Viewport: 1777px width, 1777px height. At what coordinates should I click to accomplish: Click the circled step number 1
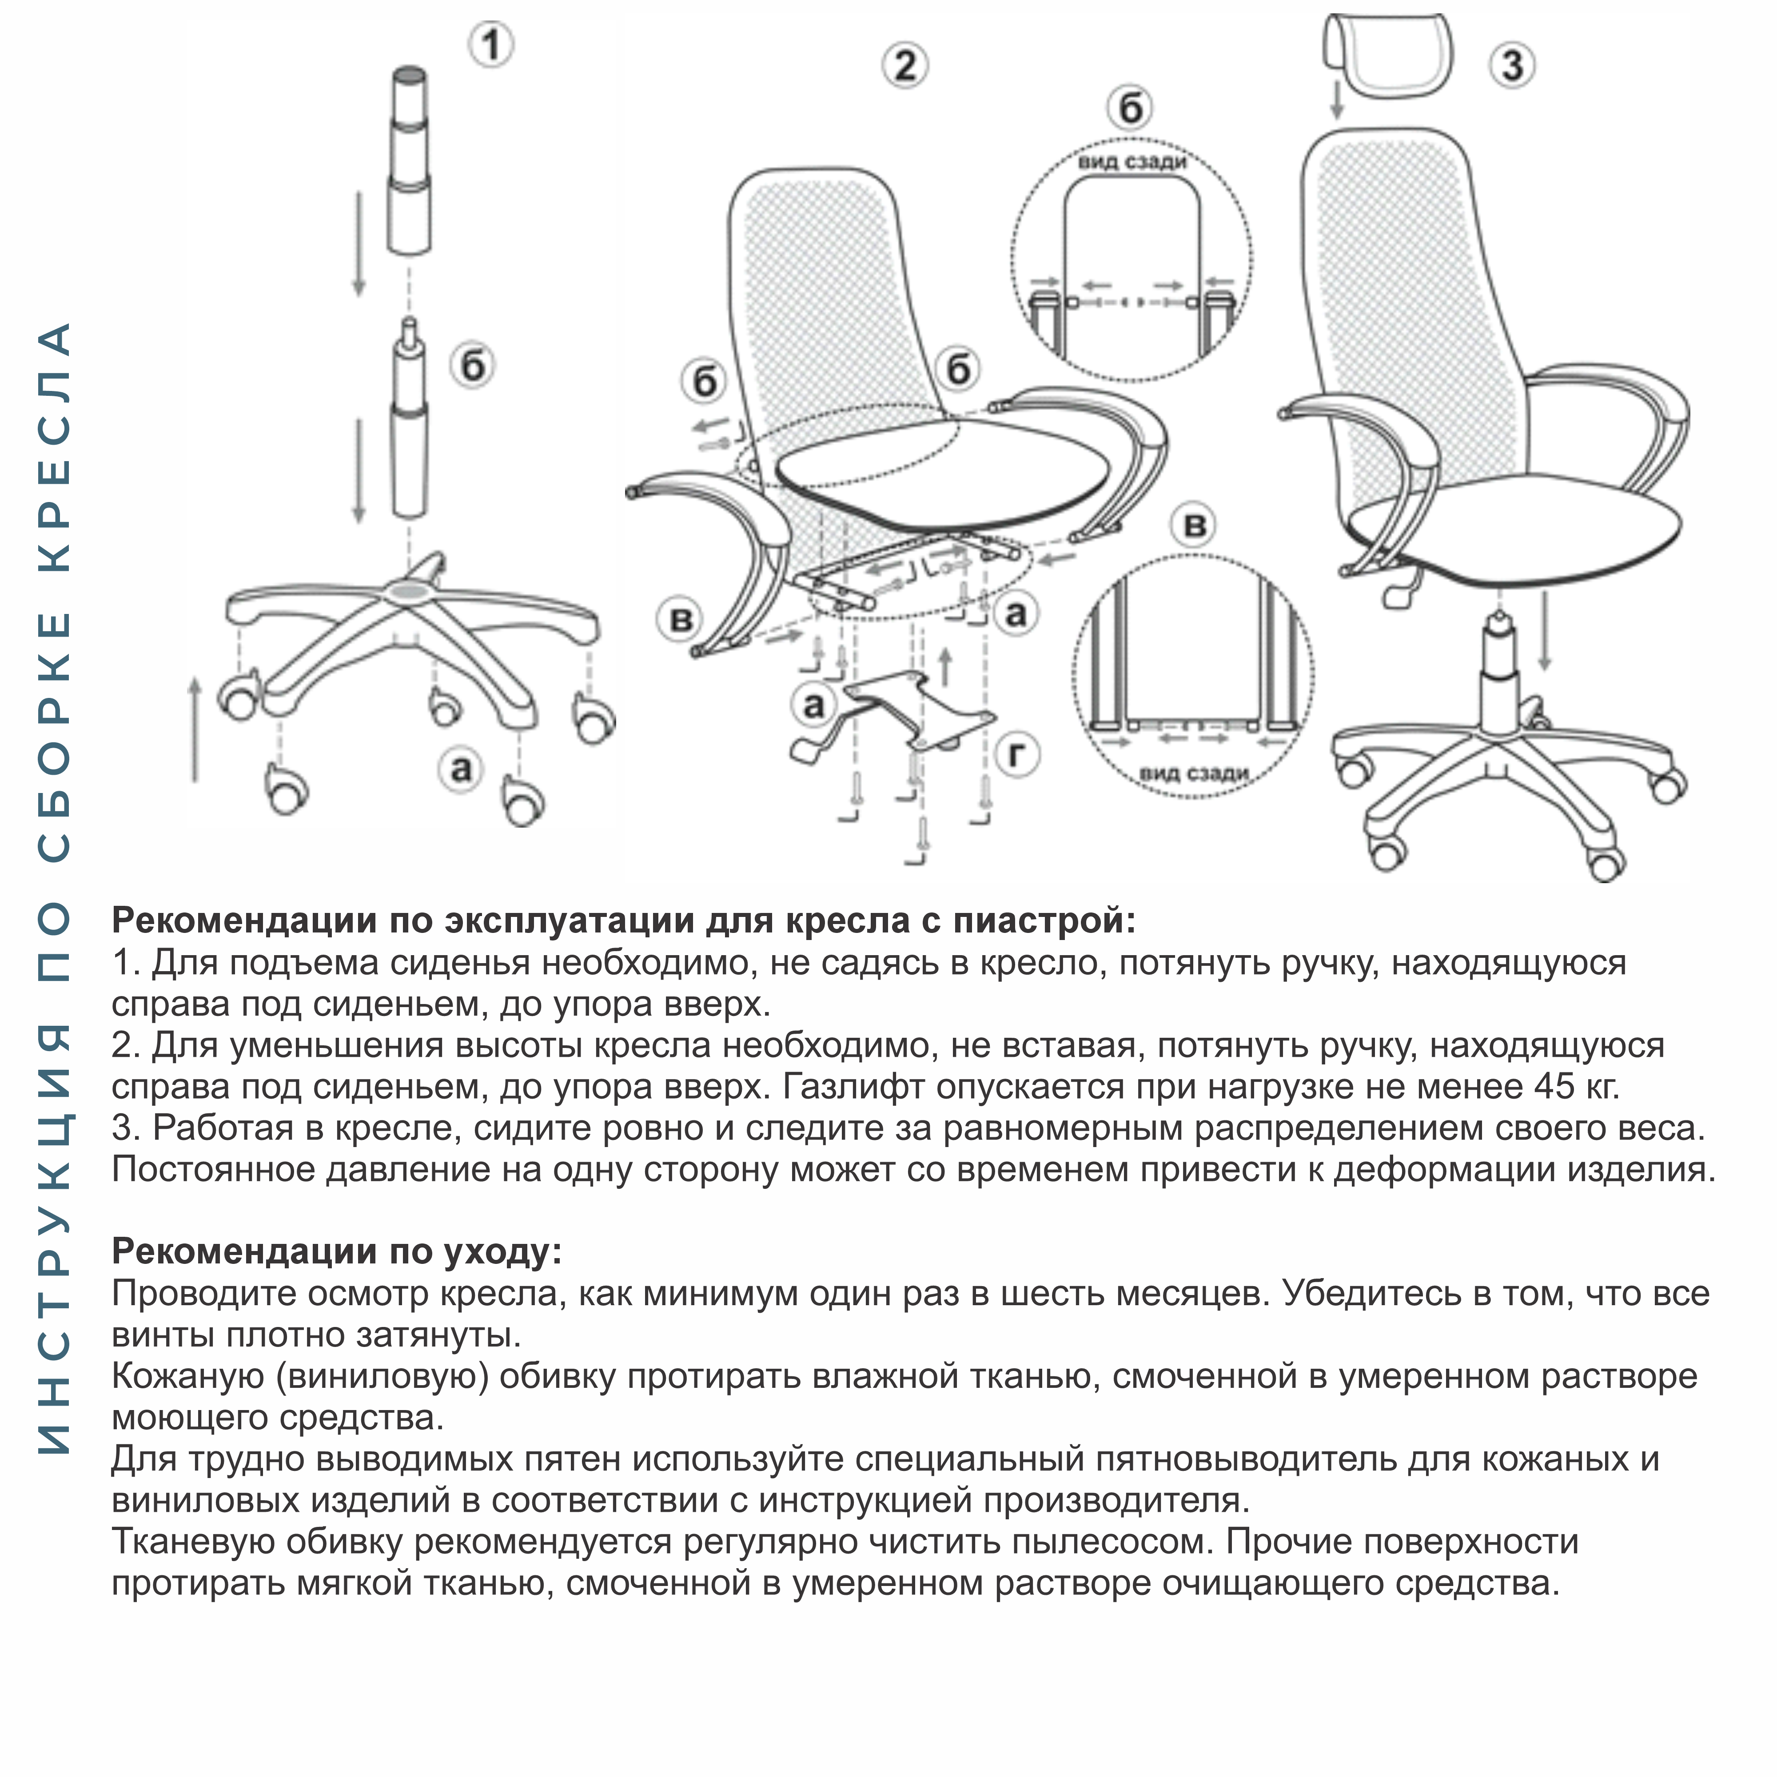coord(491,44)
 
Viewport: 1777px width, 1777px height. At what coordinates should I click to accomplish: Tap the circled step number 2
coord(905,66)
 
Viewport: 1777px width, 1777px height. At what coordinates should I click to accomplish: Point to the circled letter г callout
coord(1017,754)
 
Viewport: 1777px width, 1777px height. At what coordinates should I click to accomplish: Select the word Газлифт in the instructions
coord(853,1086)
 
